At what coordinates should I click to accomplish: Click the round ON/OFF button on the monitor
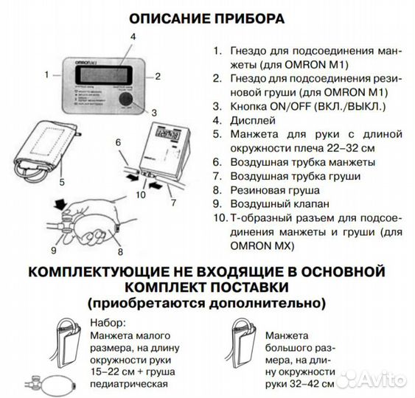130,99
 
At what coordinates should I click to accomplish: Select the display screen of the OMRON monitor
98,74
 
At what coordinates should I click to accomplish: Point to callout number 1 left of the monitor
46,74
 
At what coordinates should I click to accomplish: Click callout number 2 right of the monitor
158,74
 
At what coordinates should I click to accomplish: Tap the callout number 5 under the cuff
62,181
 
